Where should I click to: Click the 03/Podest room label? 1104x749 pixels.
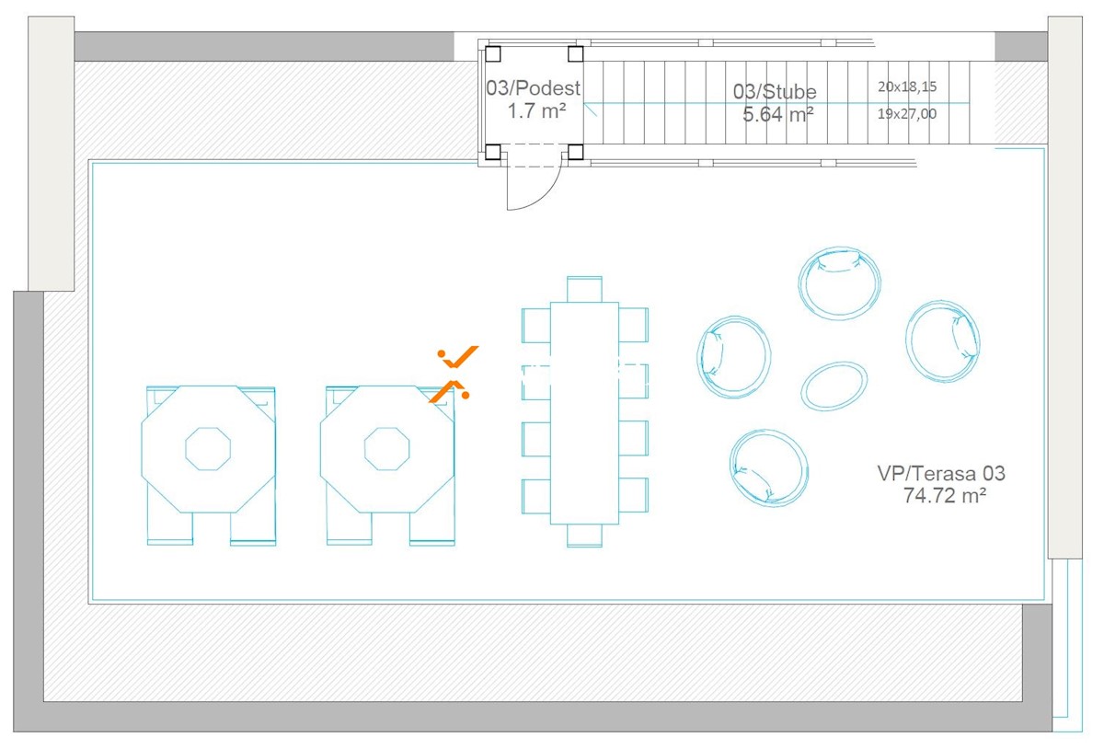click(534, 87)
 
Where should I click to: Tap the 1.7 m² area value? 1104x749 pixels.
click(536, 111)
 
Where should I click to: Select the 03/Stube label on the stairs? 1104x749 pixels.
click(775, 92)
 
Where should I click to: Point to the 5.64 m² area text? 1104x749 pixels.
click(777, 114)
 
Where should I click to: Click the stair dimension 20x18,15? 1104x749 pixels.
click(907, 86)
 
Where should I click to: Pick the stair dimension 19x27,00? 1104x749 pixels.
click(907, 114)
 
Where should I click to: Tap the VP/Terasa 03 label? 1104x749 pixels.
click(941, 473)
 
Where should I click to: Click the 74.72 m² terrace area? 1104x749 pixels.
click(944, 496)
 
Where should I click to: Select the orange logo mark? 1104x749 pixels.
click(454, 374)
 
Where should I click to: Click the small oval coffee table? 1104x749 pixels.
click(834, 386)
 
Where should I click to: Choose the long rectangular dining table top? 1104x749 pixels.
click(584, 413)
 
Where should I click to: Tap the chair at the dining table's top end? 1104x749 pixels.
click(584, 289)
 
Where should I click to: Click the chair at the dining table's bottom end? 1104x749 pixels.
click(584, 536)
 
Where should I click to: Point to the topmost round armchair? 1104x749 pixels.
click(839, 283)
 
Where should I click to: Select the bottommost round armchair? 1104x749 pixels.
click(769, 468)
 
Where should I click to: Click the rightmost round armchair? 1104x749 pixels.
click(942, 341)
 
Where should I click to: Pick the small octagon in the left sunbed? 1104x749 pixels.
click(208, 449)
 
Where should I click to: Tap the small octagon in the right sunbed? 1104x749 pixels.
click(387, 449)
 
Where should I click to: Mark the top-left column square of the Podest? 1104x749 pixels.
click(493, 53)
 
